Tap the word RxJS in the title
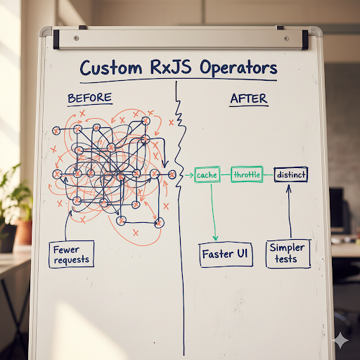pos(169,68)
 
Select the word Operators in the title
pos(238,68)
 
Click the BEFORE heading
pos(91,98)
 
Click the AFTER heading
pos(249,98)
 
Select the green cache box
pos(207,174)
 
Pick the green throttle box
pos(246,174)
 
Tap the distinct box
pos(290,174)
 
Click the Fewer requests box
pos(72,254)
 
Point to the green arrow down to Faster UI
pos(214,211)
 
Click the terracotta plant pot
pos(22,231)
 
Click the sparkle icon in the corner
pos(342,340)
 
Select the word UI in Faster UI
pos(241,253)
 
